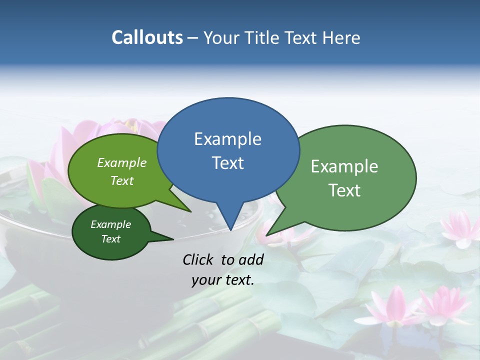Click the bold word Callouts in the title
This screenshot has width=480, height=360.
point(147,37)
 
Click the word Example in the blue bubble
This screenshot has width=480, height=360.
point(227,139)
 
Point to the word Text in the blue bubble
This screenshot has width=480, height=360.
point(227,163)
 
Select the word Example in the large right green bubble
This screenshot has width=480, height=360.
point(344,166)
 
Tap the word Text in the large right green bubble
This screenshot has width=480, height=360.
point(344,190)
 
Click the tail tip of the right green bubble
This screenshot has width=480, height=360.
point(267,234)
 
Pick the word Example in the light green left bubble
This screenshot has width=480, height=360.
point(122,162)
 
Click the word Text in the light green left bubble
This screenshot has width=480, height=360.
point(122,180)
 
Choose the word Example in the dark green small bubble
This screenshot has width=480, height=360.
point(110,224)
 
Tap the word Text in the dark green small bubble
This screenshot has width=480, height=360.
point(110,239)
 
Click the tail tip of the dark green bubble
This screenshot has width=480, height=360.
point(172,239)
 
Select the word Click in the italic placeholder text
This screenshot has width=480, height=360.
point(199,259)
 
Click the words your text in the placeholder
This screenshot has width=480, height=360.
point(223,280)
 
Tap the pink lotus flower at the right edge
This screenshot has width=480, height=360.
point(460,228)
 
